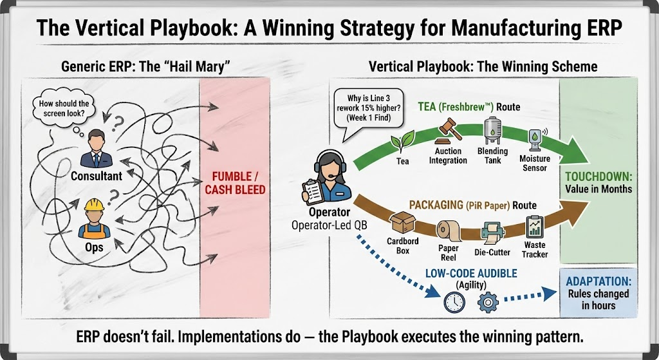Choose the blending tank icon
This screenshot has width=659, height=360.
[493, 133]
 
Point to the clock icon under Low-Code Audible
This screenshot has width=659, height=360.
[454, 301]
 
